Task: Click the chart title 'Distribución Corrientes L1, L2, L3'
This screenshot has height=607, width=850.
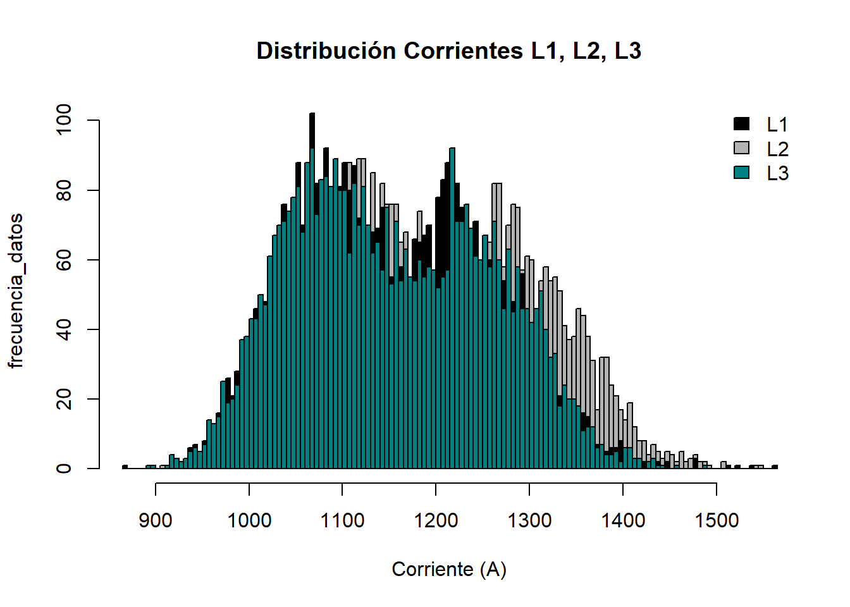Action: point(449,51)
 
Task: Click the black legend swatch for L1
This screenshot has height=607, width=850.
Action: point(741,124)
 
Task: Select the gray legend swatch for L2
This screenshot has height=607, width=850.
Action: point(741,148)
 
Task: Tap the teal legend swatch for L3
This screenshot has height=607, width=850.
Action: point(741,173)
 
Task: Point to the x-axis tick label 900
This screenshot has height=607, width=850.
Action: point(156,520)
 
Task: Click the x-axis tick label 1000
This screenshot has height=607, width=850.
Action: point(249,520)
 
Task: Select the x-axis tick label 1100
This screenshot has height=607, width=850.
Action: point(342,520)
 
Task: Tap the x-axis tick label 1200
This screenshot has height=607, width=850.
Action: point(436,520)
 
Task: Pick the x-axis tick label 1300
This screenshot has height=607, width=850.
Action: point(529,520)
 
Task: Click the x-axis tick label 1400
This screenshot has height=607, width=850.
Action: point(623,520)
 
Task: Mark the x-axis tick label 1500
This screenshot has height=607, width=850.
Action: point(717,520)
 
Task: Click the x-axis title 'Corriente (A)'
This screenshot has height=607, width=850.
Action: point(449,569)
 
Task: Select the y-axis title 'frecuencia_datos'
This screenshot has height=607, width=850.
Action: point(16,291)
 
